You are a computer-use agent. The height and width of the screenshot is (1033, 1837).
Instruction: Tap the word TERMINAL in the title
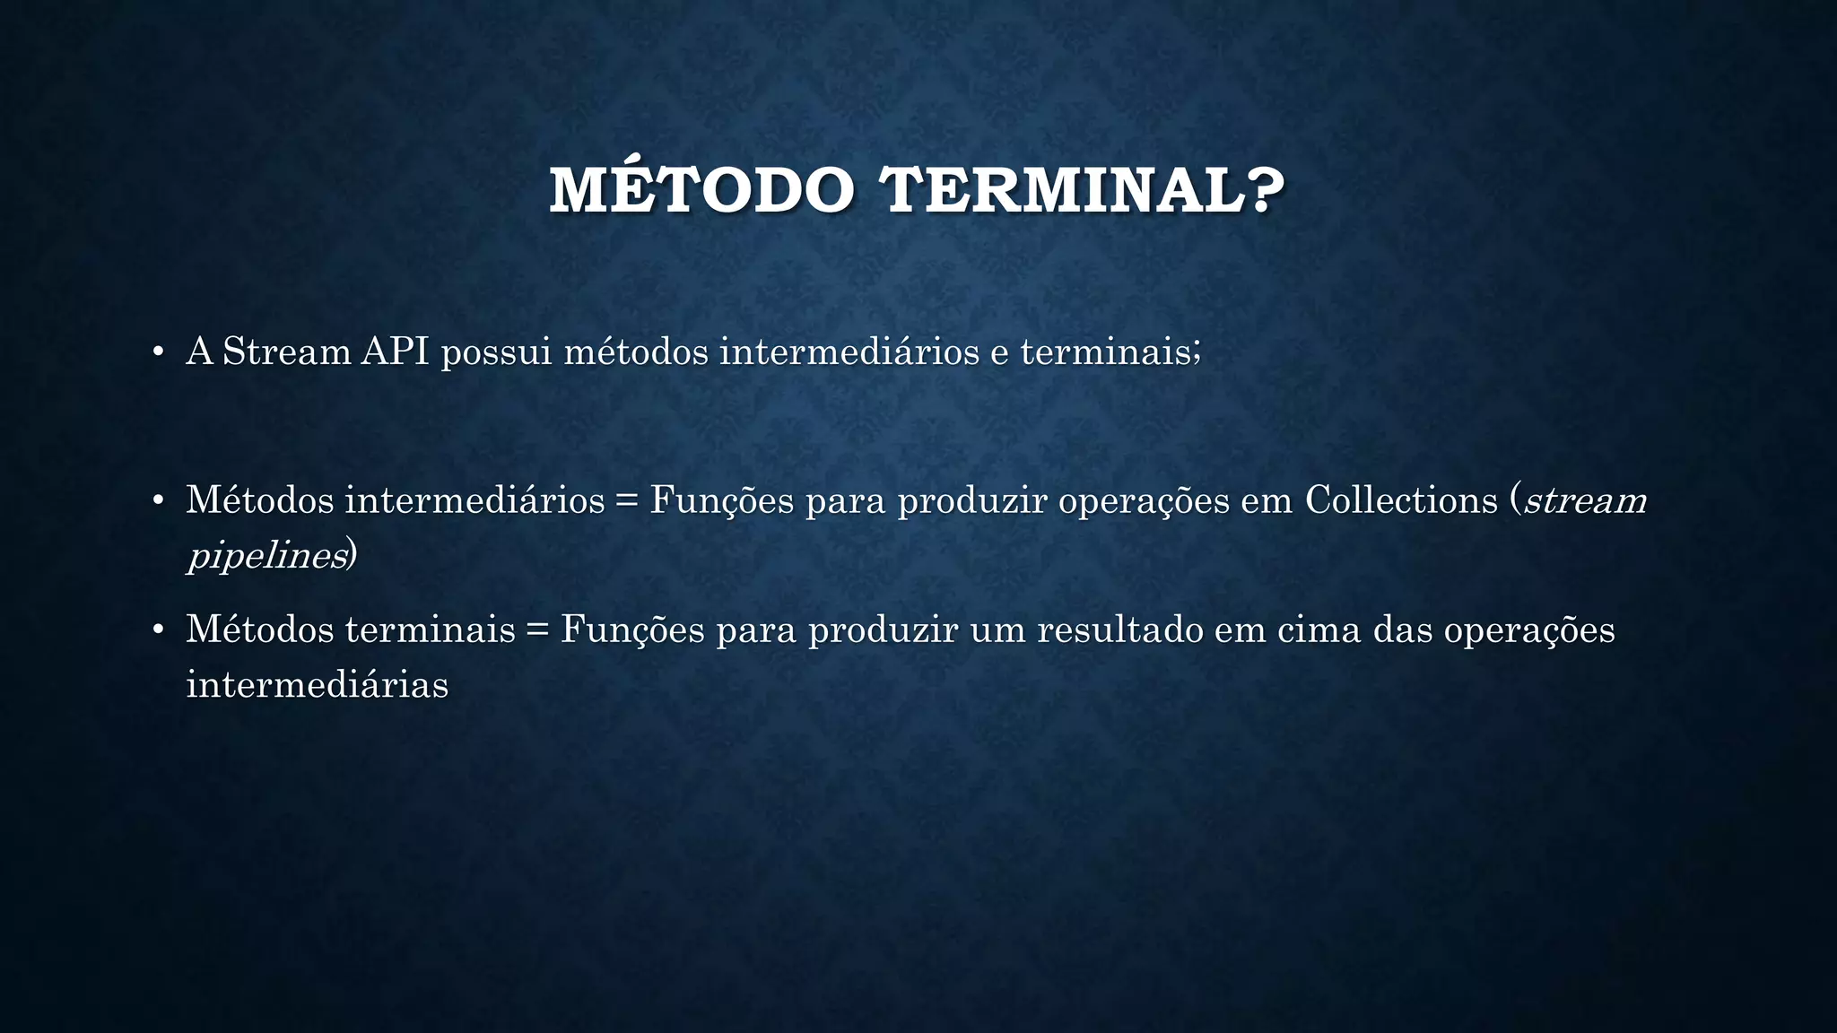(1063, 191)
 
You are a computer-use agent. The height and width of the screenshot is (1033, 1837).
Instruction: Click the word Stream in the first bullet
(286, 351)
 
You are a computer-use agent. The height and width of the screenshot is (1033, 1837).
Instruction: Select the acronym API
(395, 351)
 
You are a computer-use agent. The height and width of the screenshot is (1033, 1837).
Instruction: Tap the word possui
(496, 352)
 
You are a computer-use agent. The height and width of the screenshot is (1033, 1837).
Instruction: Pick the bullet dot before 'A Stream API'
(157, 352)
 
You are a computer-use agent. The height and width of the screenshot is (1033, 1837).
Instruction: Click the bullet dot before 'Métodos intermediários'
(157, 501)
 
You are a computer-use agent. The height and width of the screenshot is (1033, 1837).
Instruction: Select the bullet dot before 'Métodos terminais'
(157, 630)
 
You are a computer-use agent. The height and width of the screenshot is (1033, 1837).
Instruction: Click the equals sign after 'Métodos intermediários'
(627, 501)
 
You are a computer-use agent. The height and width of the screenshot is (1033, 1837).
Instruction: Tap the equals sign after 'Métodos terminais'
(537, 630)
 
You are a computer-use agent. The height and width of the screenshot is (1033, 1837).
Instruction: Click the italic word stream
(1585, 501)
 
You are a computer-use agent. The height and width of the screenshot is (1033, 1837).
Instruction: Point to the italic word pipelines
(266, 557)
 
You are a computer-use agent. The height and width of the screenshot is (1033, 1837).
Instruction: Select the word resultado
(1120, 629)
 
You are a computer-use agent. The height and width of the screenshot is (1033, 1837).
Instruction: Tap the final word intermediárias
(317, 685)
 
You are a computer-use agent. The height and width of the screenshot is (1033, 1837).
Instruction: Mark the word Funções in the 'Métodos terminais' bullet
(632, 629)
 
